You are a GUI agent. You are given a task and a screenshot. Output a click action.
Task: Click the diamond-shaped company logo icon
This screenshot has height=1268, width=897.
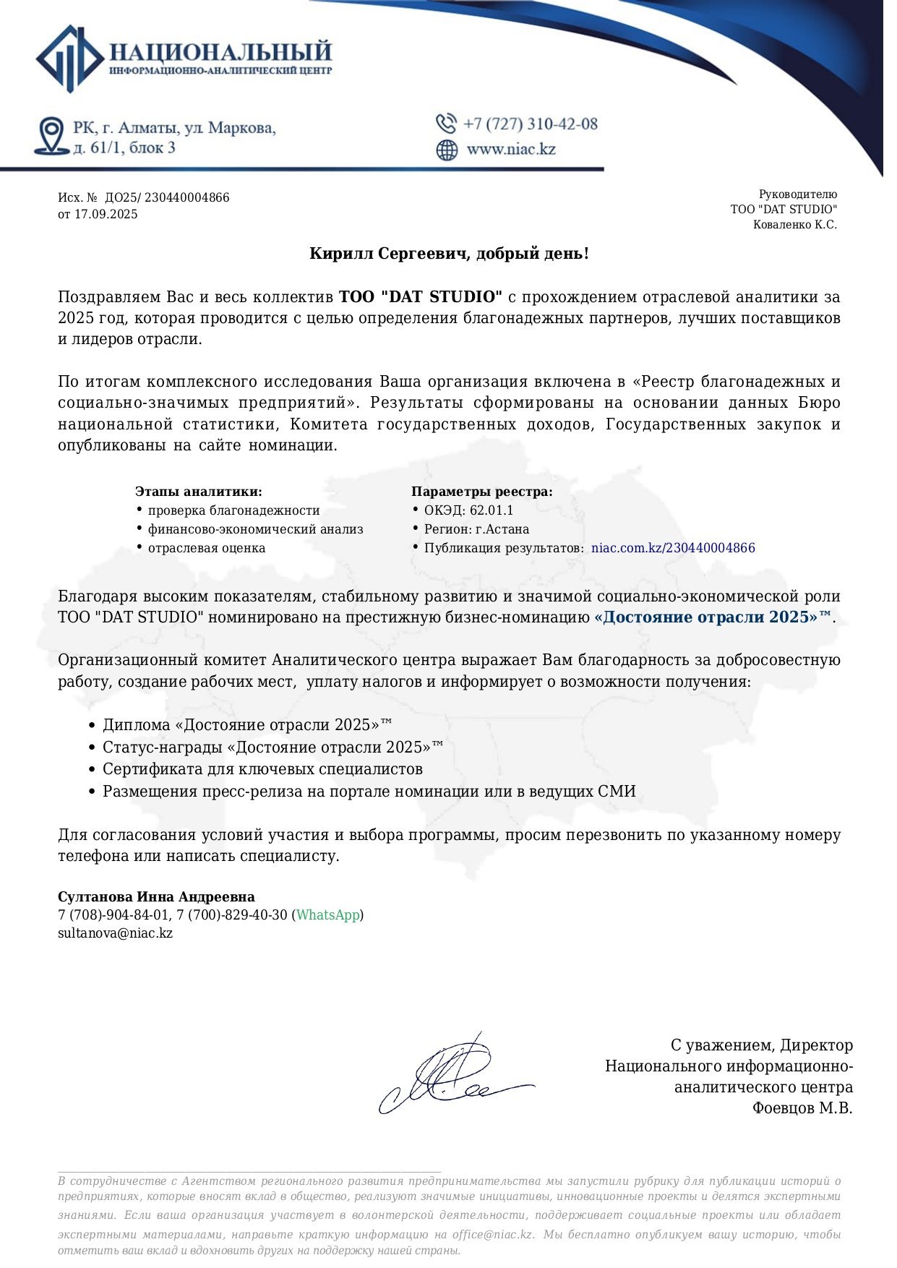(69, 59)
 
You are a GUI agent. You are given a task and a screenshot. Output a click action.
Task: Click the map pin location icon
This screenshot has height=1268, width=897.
(51, 136)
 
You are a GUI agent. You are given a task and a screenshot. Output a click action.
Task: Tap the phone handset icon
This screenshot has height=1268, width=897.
(446, 124)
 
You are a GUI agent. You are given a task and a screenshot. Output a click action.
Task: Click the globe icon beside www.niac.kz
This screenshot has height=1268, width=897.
(447, 150)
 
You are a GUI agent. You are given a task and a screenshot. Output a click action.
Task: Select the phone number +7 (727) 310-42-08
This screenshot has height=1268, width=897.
(531, 124)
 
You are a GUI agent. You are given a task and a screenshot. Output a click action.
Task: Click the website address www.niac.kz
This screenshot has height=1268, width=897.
(511, 150)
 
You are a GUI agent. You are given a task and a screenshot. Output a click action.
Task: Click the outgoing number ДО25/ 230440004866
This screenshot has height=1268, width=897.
(167, 198)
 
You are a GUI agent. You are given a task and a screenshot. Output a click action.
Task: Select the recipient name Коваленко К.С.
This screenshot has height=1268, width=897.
(794, 225)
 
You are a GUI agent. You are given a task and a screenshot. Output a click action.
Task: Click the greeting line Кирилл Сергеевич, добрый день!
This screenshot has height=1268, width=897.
(449, 254)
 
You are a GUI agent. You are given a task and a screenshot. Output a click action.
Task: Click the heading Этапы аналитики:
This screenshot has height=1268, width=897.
(199, 492)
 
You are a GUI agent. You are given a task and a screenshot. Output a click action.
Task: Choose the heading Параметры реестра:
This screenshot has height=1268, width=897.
(482, 492)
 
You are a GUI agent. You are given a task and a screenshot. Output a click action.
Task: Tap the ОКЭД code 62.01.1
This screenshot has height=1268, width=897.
(492, 510)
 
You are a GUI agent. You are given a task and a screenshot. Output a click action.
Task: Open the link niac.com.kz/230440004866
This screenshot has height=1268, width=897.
(673, 548)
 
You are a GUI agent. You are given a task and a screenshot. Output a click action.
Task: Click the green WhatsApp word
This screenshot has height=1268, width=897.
(327, 915)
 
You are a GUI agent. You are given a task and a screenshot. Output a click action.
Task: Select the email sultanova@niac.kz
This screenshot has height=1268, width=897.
(115, 933)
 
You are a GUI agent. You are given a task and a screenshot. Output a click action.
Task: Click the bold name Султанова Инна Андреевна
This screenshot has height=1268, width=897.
(156, 897)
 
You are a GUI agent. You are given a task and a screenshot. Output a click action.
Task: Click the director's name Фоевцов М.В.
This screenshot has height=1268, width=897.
(802, 1108)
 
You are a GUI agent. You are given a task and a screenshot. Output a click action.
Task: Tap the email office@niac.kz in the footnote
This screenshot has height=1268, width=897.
(492, 1235)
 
